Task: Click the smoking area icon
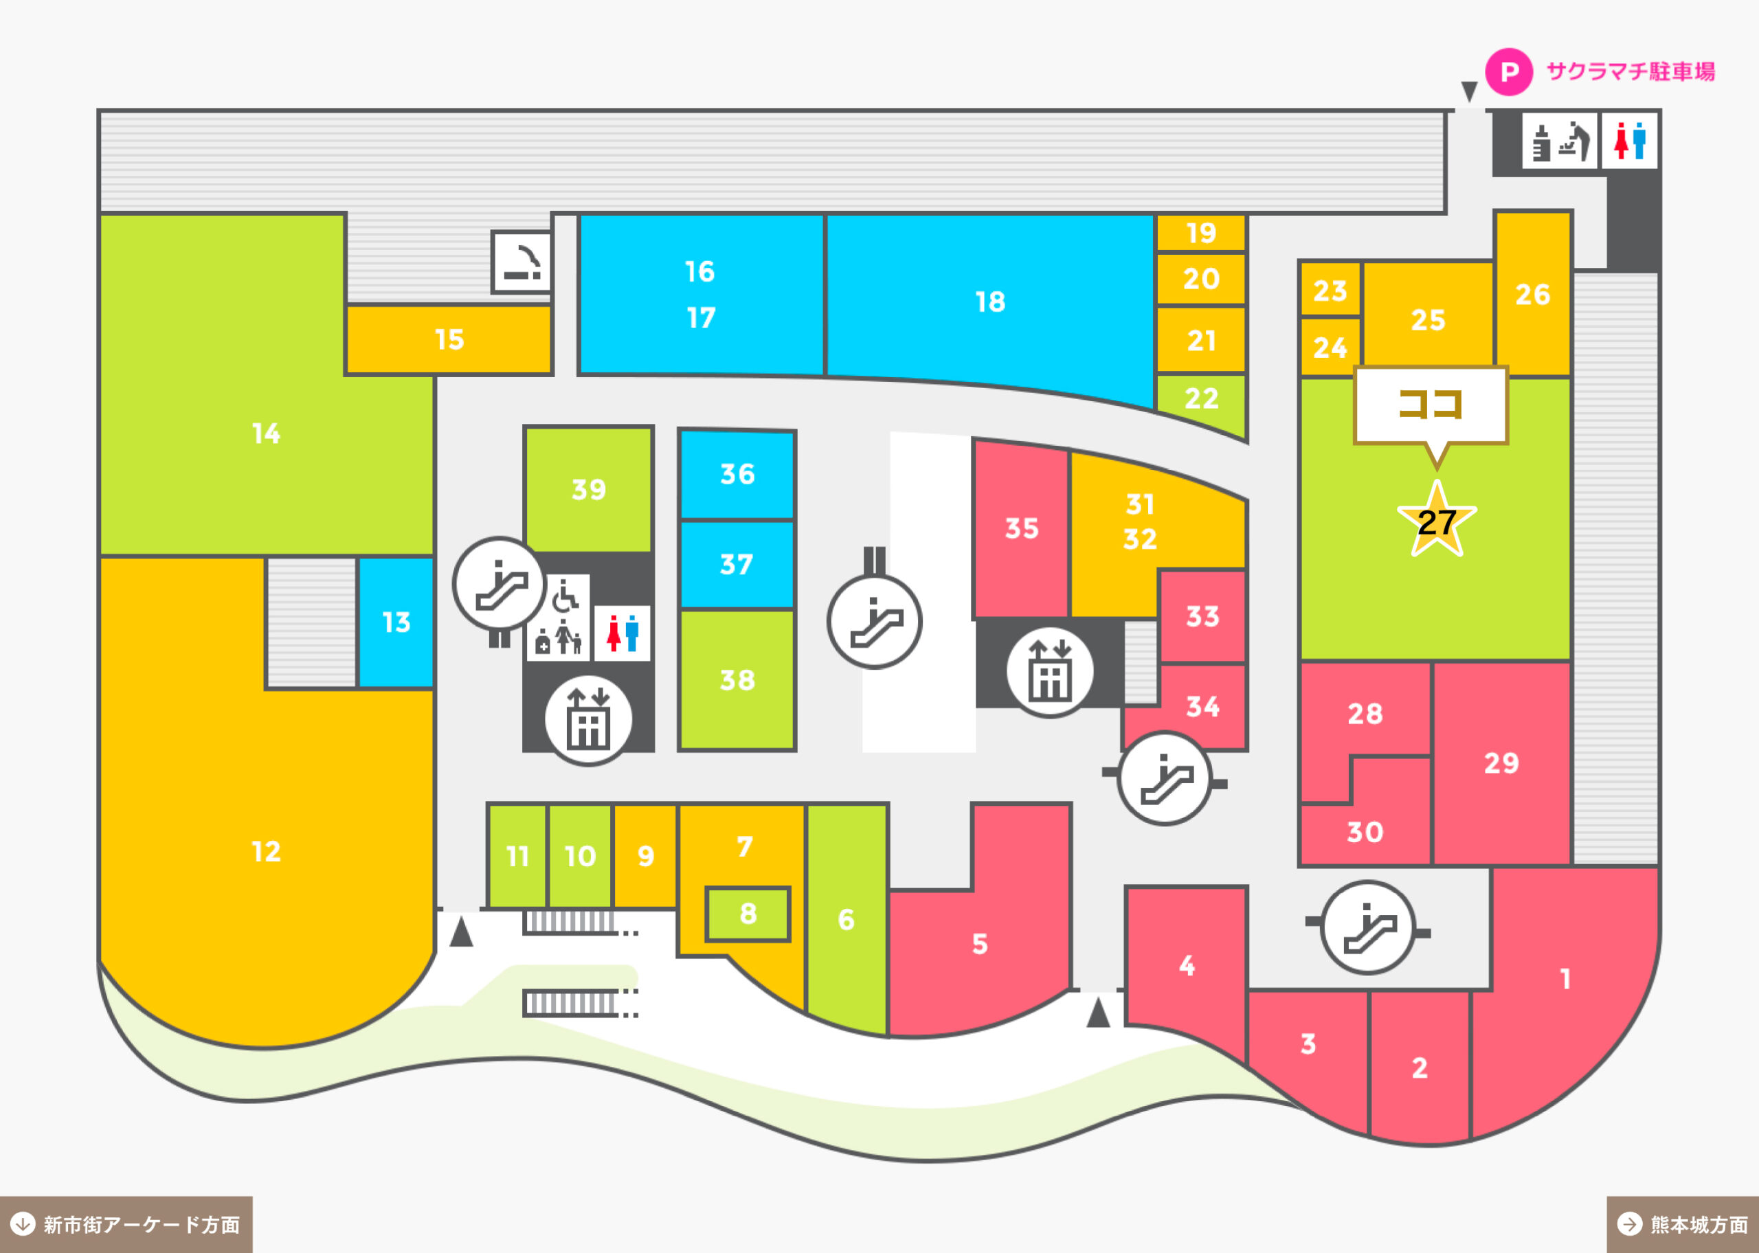click(x=522, y=262)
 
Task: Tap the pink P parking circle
click(x=1509, y=71)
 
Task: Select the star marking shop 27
click(x=1437, y=519)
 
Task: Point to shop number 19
click(x=1201, y=232)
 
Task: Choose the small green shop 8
click(x=748, y=914)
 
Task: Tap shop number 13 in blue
click(x=396, y=622)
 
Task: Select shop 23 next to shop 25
click(x=1330, y=291)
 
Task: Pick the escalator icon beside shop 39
click(x=500, y=584)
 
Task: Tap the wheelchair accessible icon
click(x=565, y=595)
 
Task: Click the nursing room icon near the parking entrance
click(x=1559, y=142)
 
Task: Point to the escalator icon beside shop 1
click(x=1368, y=927)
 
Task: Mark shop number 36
click(x=737, y=475)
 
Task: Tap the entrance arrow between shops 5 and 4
click(x=1098, y=1013)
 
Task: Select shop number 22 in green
click(x=1201, y=400)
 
